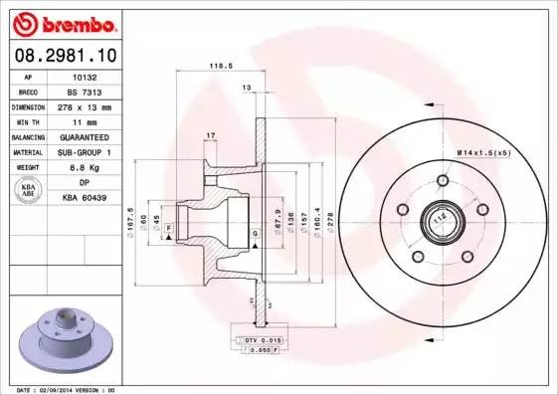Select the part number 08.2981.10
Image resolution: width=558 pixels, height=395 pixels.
65,56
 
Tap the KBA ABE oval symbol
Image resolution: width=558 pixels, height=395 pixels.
28,190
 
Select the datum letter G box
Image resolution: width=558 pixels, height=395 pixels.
255,233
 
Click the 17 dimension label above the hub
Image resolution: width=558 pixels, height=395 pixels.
210,134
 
